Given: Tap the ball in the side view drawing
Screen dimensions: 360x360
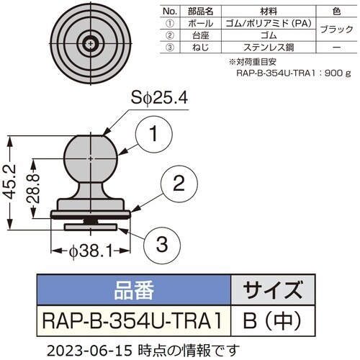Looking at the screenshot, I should [89, 156].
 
